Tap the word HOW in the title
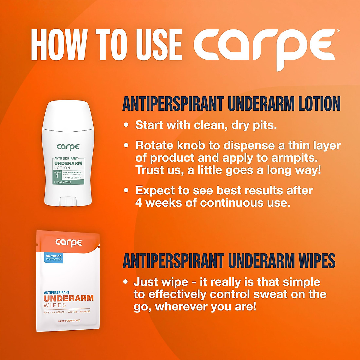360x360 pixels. point(58,45)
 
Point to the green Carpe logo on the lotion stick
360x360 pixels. point(68,147)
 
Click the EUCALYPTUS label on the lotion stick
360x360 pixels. point(63,182)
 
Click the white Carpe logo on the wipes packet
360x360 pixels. point(68,242)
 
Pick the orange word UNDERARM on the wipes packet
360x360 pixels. point(69,298)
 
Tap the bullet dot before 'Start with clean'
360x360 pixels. point(126,125)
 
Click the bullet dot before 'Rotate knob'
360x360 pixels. point(126,145)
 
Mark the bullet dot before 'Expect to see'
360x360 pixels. point(126,190)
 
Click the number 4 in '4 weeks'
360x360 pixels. point(138,203)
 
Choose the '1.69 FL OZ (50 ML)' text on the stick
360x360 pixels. point(69,178)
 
